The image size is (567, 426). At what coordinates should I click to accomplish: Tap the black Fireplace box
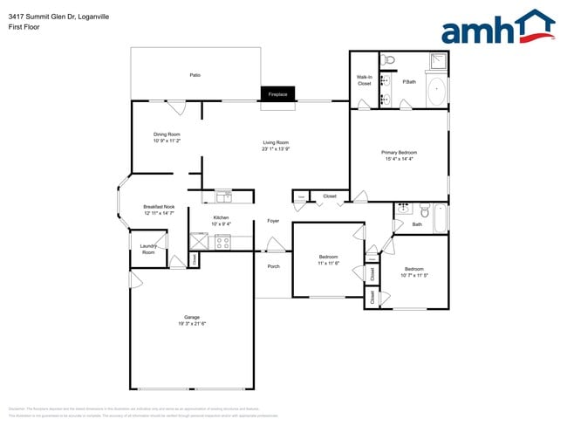click(x=277, y=94)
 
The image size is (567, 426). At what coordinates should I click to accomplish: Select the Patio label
click(x=195, y=75)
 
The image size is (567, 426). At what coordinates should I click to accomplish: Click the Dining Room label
click(x=166, y=134)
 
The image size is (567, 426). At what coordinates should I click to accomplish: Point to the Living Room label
click(x=276, y=142)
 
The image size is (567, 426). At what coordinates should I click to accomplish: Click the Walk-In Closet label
click(x=364, y=80)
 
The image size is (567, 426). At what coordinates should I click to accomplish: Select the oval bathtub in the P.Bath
click(x=434, y=91)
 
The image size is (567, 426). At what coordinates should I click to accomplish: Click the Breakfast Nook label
click(x=159, y=207)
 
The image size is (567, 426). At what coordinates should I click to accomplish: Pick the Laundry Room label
click(x=147, y=249)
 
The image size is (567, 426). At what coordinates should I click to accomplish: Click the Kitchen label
click(x=221, y=217)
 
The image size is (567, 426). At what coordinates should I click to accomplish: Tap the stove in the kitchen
click(x=222, y=242)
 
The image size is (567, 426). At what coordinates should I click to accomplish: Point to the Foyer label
click(x=273, y=221)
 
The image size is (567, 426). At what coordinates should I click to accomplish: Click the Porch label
click(x=273, y=266)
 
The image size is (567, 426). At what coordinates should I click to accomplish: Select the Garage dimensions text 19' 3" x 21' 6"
click(x=192, y=323)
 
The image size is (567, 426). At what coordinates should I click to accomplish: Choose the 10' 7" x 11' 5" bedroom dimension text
click(x=413, y=275)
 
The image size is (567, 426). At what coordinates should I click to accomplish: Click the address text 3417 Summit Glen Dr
click(x=44, y=16)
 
